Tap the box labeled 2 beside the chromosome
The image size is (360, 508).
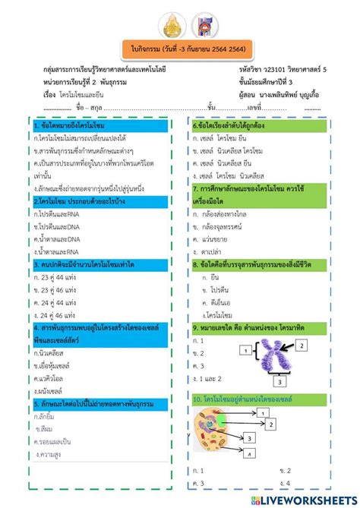pyautogui.click(x=302, y=346)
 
